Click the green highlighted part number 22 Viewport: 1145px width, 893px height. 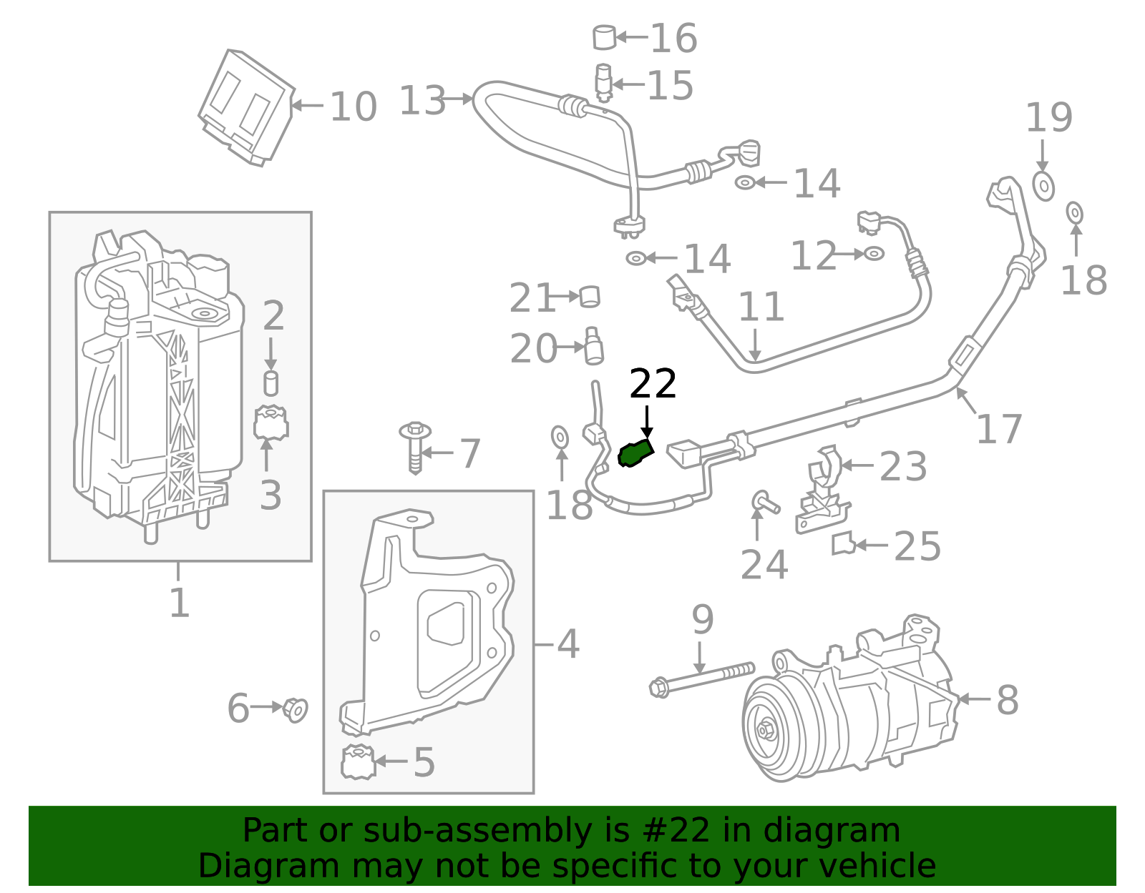click(635, 453)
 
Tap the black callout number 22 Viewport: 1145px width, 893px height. click(653, 385)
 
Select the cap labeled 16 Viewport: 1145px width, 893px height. click(605, 37)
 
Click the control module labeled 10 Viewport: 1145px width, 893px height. click(246, 107)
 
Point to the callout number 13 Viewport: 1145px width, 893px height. click(422, 100)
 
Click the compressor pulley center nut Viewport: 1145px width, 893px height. click(765, 731)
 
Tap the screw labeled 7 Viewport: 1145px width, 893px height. click(415, 447)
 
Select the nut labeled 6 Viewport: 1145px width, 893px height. click(295, 709)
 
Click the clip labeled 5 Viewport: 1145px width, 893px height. click(358, 762)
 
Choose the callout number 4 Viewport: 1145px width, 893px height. click(567, 644)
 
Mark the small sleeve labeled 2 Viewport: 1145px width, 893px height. click(271, 383)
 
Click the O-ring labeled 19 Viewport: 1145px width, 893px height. click(1043, 187)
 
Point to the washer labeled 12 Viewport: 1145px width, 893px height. click(874, 253)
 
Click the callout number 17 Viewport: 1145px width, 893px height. click(999, 429)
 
